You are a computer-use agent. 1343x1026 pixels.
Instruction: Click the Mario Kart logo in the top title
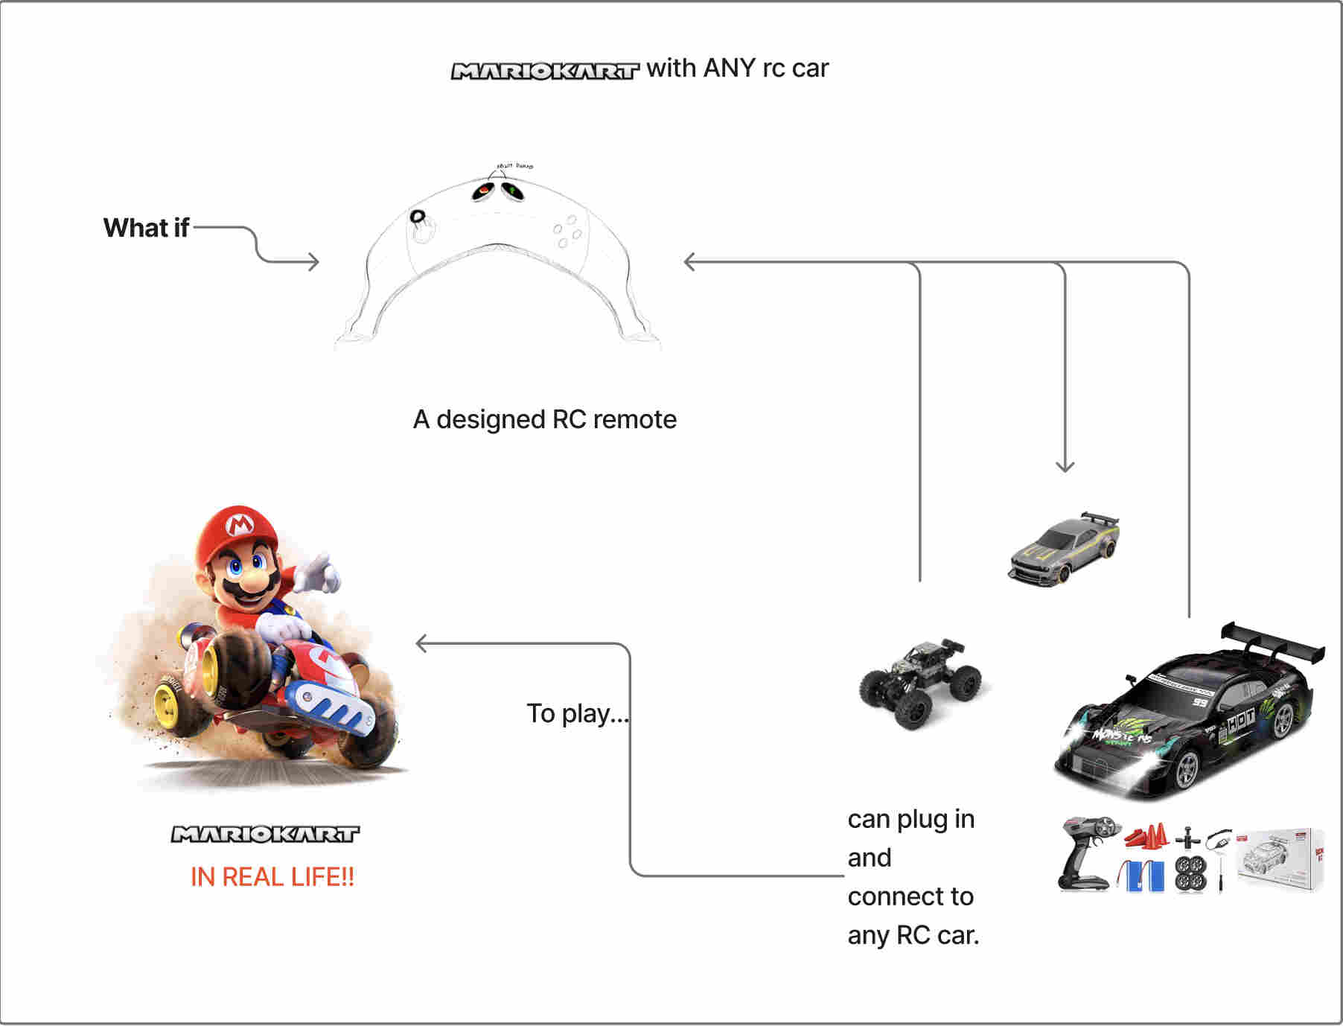[545, 71]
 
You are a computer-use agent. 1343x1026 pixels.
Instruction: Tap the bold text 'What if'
[146, 228]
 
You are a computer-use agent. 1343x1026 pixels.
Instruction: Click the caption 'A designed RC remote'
[545, 419]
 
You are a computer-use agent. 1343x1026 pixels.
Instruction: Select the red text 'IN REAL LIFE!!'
[272, 876]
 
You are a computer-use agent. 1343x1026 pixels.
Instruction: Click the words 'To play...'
[578, 713]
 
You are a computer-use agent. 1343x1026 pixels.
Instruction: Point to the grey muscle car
[1064, 549]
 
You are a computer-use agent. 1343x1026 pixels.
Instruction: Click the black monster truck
[920, 681]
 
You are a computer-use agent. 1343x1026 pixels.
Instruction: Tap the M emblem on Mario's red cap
[239, 525]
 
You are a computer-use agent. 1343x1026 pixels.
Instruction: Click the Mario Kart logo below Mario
[265, 834]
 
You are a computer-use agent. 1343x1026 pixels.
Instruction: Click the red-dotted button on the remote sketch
[483, 191]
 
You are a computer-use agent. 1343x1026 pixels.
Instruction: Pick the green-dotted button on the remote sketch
[512, 191]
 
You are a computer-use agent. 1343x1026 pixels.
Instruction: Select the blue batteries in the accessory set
[1143, 875]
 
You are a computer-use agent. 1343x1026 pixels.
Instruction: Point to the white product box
[1279, 860]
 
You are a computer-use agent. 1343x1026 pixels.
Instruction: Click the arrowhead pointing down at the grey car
[1065, 467]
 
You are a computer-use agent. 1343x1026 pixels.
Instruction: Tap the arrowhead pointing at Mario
[421, 643]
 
